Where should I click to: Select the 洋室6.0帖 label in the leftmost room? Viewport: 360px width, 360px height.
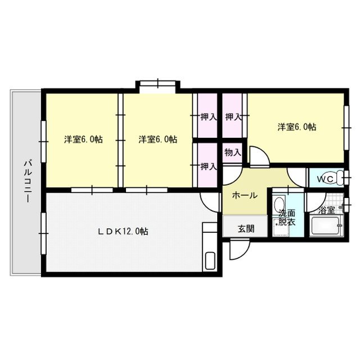pyautogui.click(x=83, y=139)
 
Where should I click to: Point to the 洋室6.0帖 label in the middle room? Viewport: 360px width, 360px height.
pyautogui.click(x=158, y=139)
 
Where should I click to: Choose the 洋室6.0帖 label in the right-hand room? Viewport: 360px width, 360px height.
pyautogui.click(x=296, y=127)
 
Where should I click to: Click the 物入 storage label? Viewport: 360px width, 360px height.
pyautogui.click(x=233, y=152)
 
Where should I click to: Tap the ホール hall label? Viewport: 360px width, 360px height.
pyautogui.click(x=245, y=195)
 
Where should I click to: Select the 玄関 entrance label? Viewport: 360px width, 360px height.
pyautogui.click(x=245, y=228)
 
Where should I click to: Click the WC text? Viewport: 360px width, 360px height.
pyautogui.click(x=325, y=179)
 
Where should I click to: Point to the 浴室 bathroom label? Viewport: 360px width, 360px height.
pyautogui.click(x=327, y=211)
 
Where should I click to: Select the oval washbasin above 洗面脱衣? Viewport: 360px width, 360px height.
pyautogui.click(x=279, y=203)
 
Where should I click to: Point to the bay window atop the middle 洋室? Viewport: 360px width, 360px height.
pyautogui.click(x=157, y=85)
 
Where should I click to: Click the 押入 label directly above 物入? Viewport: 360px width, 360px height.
pyautogui.click(x=233, y=118)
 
